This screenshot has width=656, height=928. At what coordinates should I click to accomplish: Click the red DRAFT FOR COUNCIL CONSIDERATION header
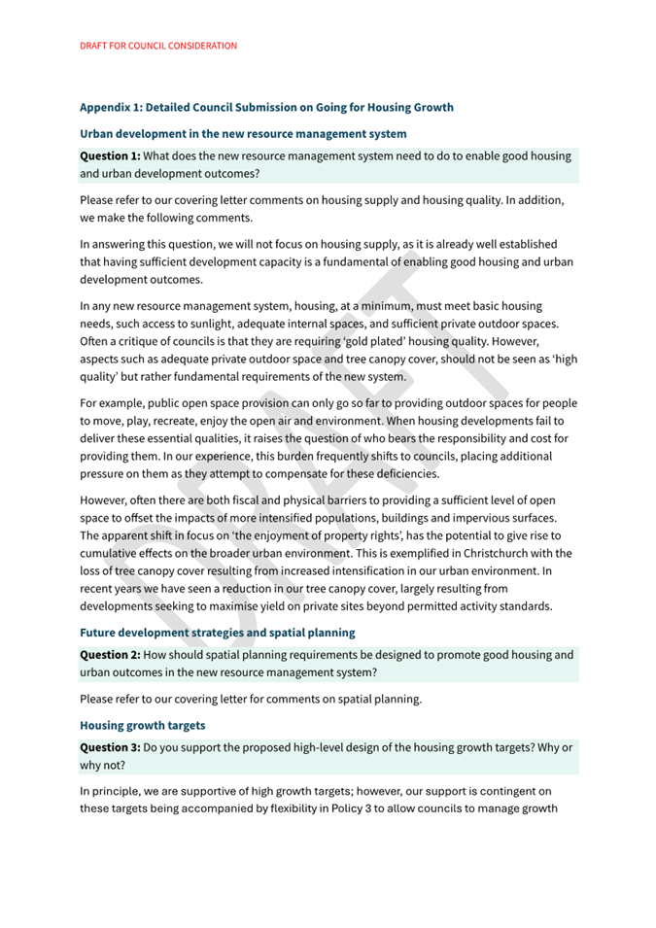[x=158, y=46]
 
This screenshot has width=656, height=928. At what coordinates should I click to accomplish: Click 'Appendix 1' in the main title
[x=113, y=107]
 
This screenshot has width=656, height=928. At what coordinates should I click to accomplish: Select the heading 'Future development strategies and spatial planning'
[x=218, y=633]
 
